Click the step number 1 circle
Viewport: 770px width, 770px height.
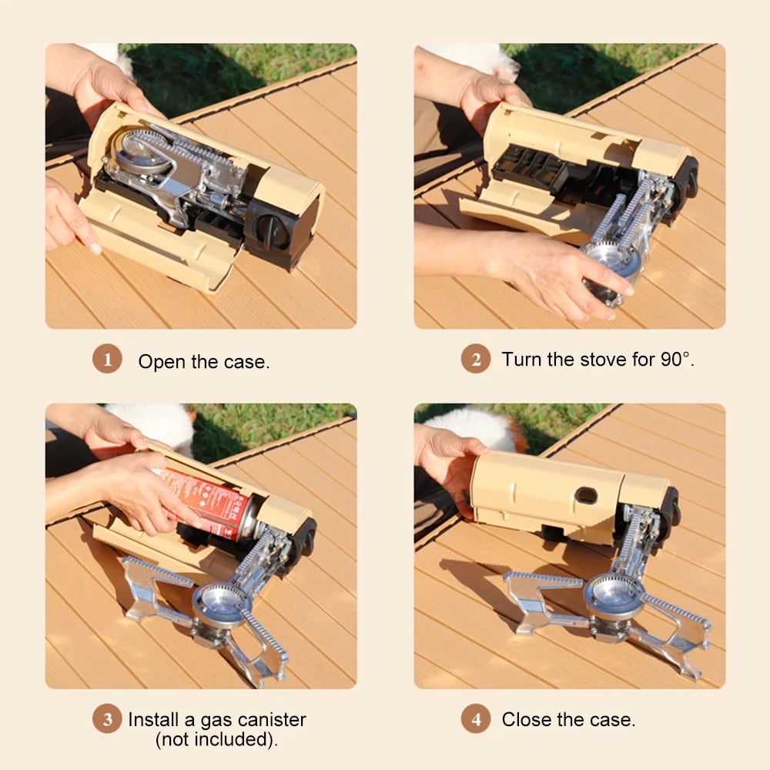click(x=107, y=360)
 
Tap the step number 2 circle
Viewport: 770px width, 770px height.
click(x=476, y=360)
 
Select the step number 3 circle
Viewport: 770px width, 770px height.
click(x=107, y=720)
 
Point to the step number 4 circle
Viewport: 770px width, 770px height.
click(x=476, y=720)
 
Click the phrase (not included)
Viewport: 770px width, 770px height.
click(x=216, y=740)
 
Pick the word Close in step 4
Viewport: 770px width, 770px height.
click(x=526, y=720)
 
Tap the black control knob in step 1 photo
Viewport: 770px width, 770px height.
click(x=272, y=231)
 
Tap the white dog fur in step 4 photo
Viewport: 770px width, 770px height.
click(x=470, y=421)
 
